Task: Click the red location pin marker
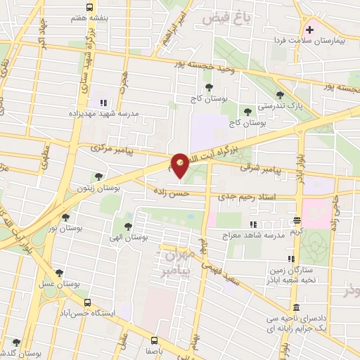(181, 165)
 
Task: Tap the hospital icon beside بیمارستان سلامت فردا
(310, 30)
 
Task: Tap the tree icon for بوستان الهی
(127, 226)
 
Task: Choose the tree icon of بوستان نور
(65, 217)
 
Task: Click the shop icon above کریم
(297, 221)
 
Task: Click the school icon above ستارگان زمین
(292, 258)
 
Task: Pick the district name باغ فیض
(226, 17)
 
